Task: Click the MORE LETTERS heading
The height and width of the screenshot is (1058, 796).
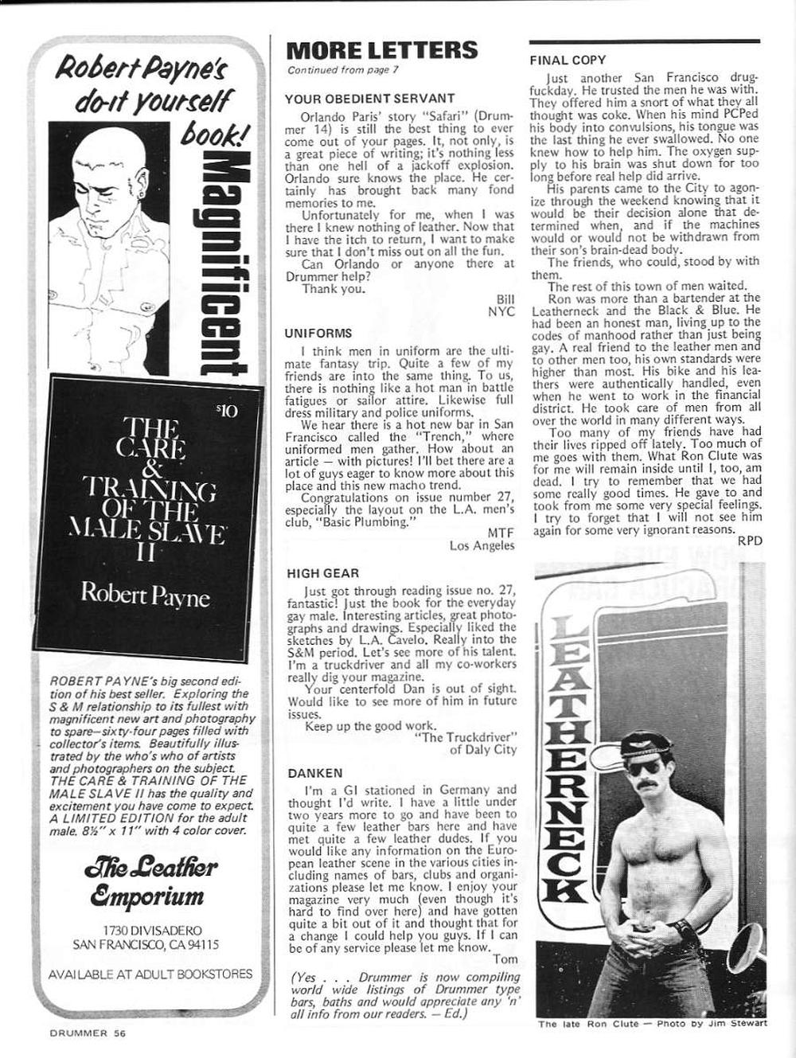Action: click(x=381, y=51)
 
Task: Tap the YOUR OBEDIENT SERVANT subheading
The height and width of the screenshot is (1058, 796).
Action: click(x=369, y=99)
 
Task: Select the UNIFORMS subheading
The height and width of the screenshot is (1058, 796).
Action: click(x=318, y=334)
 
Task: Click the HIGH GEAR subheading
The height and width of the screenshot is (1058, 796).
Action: click(x=322, y=573)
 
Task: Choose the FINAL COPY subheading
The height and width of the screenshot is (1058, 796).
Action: click(x=568, y=60)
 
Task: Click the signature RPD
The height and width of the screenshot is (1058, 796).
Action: click(x=749, y=541)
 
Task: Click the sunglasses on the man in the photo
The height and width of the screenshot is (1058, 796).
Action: click(x=643, y=767)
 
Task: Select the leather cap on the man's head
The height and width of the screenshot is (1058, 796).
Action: click(x=644, y=745)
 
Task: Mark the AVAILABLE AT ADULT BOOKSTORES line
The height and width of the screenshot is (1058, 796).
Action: click(x=150, y=973)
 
